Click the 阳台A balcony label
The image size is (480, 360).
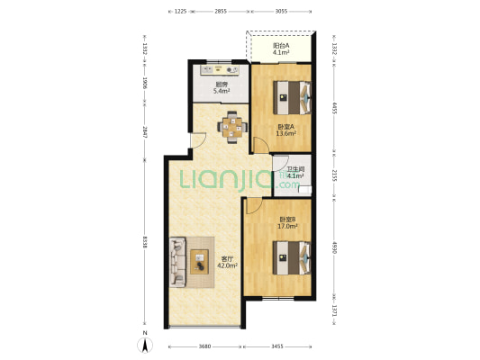(281, 49)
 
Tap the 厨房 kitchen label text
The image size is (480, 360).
(221, 87)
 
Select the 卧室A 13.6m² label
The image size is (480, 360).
(286, 130)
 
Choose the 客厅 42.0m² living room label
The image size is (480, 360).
(228, 262)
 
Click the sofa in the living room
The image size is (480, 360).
(176, 261)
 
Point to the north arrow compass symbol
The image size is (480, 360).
(144, 342)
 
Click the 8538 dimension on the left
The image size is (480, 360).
(144, 242)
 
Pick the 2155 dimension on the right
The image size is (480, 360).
(334, 175)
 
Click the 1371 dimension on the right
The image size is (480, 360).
(334, 311)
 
